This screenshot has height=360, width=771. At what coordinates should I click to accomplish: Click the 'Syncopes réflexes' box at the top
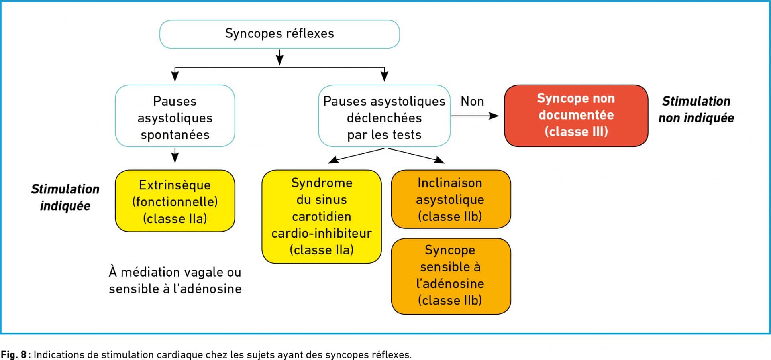[279, 34]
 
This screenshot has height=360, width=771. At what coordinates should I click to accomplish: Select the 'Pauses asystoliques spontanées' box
[175, 116]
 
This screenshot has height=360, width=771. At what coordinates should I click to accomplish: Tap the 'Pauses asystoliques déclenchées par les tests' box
[384, 116]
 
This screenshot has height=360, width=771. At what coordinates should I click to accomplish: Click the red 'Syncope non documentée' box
[576, 116]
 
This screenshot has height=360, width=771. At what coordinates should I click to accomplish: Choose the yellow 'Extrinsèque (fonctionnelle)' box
[175, 201]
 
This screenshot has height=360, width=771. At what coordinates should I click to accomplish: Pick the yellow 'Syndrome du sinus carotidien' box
[322, 217]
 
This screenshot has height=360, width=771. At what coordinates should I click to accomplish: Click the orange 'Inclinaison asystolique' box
[451, 199]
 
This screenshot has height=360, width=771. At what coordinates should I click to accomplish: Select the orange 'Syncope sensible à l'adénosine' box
[451, 276]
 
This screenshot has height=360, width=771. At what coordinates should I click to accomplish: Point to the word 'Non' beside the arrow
[472, 101]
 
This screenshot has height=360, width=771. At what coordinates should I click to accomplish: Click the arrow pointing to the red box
[475, 116]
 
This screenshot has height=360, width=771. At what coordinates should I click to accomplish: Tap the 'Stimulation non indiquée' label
[696, 110]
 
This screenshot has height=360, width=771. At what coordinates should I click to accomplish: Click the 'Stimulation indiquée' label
[65, 197]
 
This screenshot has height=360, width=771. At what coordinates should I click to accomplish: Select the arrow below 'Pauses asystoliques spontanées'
[175, 155]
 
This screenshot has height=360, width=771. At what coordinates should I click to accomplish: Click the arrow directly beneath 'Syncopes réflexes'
[280, 57]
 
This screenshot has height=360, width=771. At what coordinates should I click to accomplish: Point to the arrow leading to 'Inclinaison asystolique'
[416, 156]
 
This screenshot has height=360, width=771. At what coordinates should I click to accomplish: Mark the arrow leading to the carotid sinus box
[356, 156]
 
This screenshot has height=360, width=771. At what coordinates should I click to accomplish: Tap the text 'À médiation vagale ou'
[175, 272]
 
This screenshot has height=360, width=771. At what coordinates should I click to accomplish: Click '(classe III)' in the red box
[576, 132]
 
